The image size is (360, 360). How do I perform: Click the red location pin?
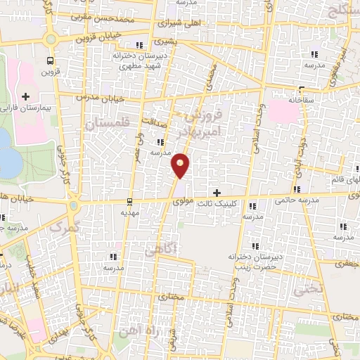[x=181, y=165]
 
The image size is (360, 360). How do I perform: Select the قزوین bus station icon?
[x=49, y=60]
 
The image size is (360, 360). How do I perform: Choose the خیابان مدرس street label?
[x=91, y=94]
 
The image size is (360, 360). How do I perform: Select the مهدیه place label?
[x=128, y=212]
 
